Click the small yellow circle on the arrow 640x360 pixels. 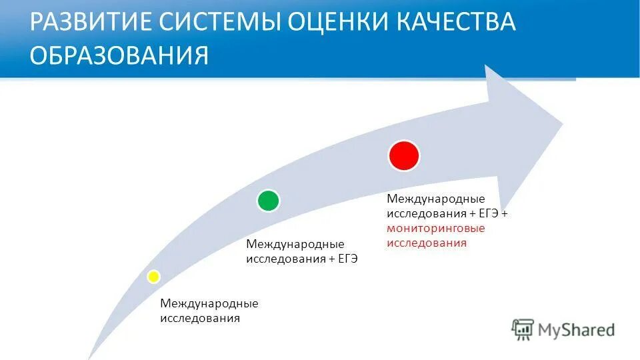tap(153, 276)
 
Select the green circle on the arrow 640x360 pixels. tap(268, 200)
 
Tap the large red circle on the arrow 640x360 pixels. tap(404, 155)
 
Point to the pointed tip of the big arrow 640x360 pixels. tap(562, 123)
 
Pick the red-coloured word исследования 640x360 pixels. tap(427, 243)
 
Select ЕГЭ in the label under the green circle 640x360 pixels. tap(347, 259)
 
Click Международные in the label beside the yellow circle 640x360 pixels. tap(209, 303)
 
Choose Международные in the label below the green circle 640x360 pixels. tap(295, 243)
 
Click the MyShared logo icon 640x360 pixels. tap(523, 329)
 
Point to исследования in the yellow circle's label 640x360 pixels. tap(199, 319)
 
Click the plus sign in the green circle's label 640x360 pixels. tap(331, 259)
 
